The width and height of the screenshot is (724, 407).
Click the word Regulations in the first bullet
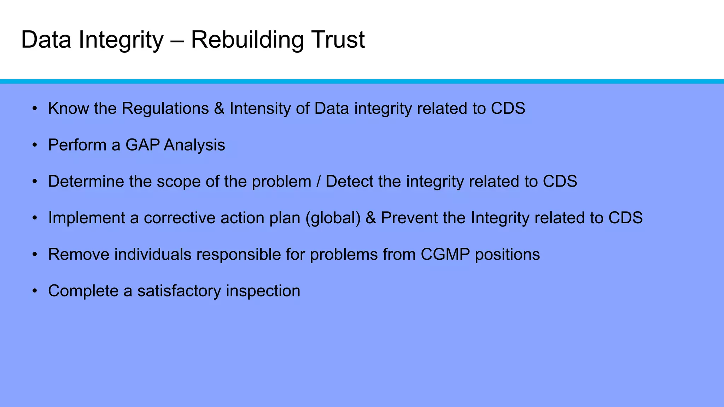165,108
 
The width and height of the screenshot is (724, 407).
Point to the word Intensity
260,108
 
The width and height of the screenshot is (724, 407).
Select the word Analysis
194,145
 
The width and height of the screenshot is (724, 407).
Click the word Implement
87,218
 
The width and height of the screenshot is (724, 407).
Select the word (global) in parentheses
333,218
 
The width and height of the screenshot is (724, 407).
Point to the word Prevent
409,218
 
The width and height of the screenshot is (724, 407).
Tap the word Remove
79,254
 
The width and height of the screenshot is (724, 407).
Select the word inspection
263,291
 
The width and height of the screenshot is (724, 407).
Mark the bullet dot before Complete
34,291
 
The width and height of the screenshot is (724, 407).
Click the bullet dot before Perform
34,145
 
